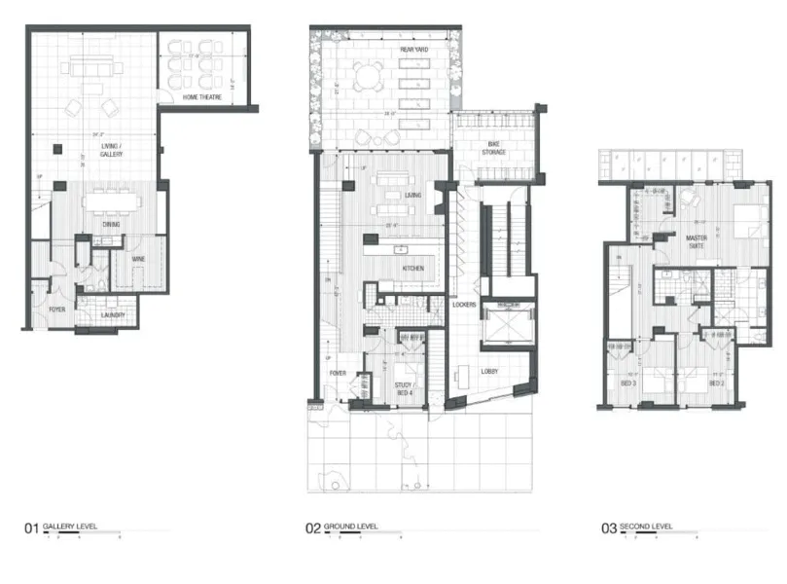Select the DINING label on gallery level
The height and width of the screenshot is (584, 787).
click(x=113, y=225)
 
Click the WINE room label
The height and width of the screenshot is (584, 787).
click(x=139, y=260)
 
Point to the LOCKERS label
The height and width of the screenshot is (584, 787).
click(x=464, y=305)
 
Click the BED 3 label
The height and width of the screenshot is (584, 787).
click(x=629, y=383)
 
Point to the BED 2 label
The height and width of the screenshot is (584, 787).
click(x=718, y=383)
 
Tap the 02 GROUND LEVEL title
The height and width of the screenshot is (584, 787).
click(x=342, y=528)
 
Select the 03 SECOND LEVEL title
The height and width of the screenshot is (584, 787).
click(x=638, y=528)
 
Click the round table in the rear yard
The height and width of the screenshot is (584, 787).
click(x=368, y=76)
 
